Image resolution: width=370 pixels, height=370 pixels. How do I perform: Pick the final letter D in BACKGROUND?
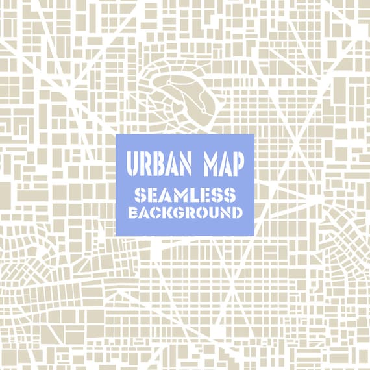tap(237, 212)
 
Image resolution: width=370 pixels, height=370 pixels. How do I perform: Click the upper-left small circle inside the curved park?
tap(167, 82)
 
